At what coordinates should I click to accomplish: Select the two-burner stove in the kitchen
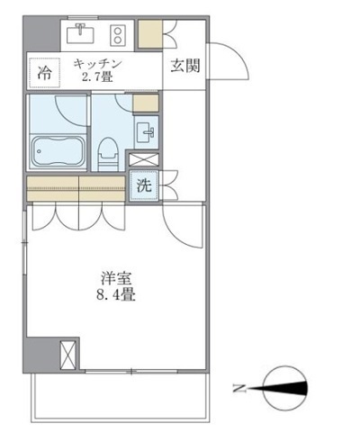tap(116, 34)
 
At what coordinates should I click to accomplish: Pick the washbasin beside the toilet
tap(148, 133)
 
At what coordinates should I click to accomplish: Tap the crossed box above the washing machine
tap(143, 160)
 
